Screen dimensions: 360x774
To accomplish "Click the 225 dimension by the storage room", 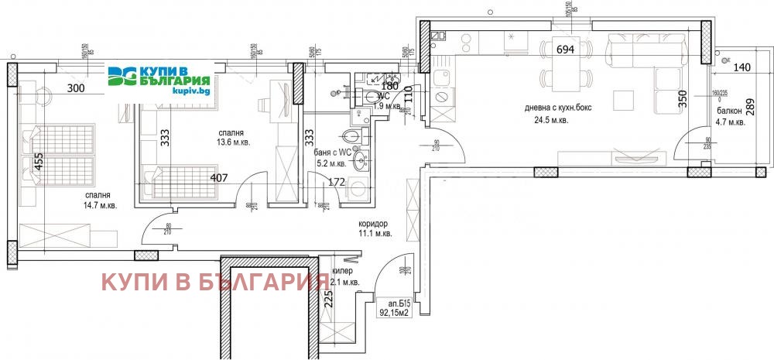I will point(328,299).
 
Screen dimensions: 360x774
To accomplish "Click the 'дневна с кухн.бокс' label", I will point(556,109).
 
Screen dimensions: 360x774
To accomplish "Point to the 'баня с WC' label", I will point(330,153).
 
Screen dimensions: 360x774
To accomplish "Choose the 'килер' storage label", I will point(343,272).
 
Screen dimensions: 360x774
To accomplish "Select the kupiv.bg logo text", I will point(173,91).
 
